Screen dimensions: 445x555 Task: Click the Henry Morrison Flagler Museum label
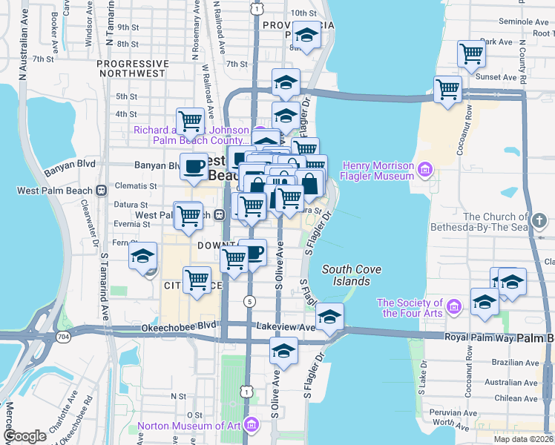378,171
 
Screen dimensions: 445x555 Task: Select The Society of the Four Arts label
410,308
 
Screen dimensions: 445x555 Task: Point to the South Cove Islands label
346,276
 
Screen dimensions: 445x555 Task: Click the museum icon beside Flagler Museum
424,171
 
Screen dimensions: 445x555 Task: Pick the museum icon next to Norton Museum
252,426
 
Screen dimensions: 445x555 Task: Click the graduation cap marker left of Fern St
143,257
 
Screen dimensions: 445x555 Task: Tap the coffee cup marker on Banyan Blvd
194,166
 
